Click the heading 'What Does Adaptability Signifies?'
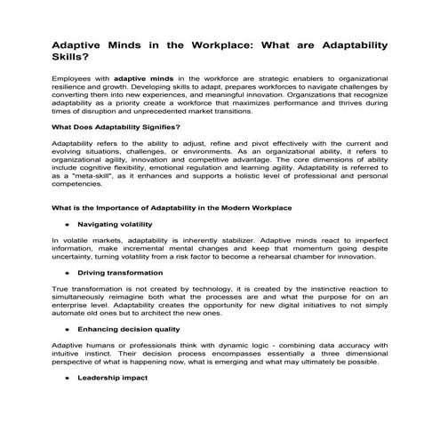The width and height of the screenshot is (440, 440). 116,127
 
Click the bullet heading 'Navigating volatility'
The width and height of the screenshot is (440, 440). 115,224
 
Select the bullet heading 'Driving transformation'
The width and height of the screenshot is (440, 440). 120,272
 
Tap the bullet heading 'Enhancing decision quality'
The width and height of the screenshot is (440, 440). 130,329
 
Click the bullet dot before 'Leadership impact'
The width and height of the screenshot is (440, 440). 66,378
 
